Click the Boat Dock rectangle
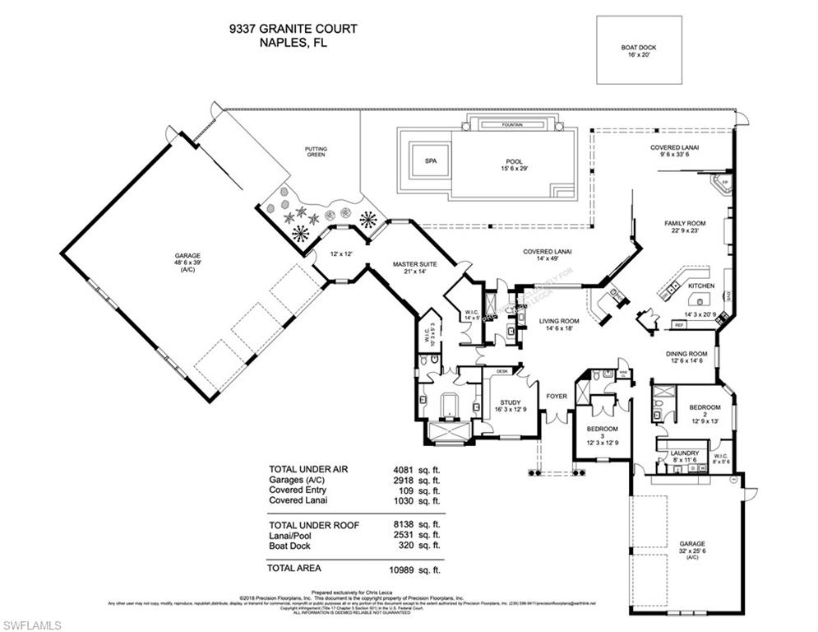click(639, 51)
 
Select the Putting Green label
click(316, 152)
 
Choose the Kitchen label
click(701, 286)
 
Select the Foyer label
click(557, 396)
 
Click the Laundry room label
click(684, 453)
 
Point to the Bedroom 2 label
click(705, 407)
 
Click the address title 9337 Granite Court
click(293, 30)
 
